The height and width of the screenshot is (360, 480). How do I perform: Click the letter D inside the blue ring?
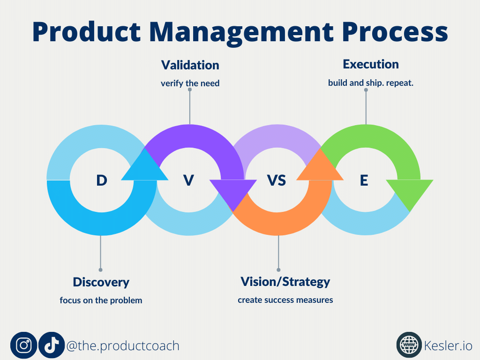tap(102, 180)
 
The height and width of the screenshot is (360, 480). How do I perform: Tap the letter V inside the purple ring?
tap(188, 180)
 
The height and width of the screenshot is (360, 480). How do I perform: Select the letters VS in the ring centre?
tap(277, 180)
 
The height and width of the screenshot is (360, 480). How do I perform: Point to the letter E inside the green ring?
tap(364, 180)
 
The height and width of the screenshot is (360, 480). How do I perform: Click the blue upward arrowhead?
tap(145, 167)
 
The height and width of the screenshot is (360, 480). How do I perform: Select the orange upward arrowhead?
tap(320, 167)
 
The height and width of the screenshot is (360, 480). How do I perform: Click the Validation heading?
tap(190, 65)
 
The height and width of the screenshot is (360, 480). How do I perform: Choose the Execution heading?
tap(371, 64)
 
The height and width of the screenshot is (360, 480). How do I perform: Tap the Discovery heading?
tap(101, 282)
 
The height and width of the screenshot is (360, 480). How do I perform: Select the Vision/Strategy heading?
tap(285, 282)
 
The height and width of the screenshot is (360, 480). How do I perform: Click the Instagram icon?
tap(23, 345)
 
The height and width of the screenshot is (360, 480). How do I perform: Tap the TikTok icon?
tap(52, 345)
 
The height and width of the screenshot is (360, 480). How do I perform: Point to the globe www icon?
tap(409, 345)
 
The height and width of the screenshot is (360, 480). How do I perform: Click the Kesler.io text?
tap(448, 345)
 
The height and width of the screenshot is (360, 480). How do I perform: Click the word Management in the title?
tap(241, 32)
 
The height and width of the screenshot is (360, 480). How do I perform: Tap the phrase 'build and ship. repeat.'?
tap(371, 83)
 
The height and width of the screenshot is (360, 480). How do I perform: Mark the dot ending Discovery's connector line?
tap(100, 270)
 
